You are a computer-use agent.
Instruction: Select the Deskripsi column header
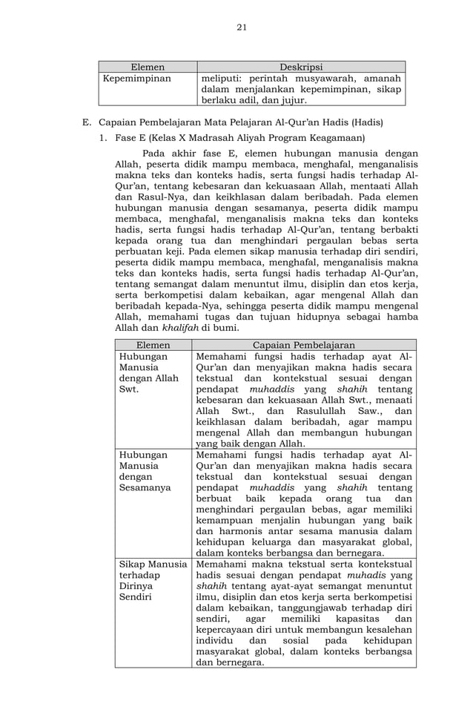pyautogui.click(x=301, y=67)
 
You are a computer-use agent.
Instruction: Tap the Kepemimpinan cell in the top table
pyautogui.click(x=137, y=78)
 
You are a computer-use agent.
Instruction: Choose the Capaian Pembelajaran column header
pyautogui.click(x=304, y=345)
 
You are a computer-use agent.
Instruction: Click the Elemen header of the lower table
pyautogui.click(x=153, y=345)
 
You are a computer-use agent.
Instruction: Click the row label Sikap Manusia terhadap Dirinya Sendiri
pyautogui.click(x=151, y=581)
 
